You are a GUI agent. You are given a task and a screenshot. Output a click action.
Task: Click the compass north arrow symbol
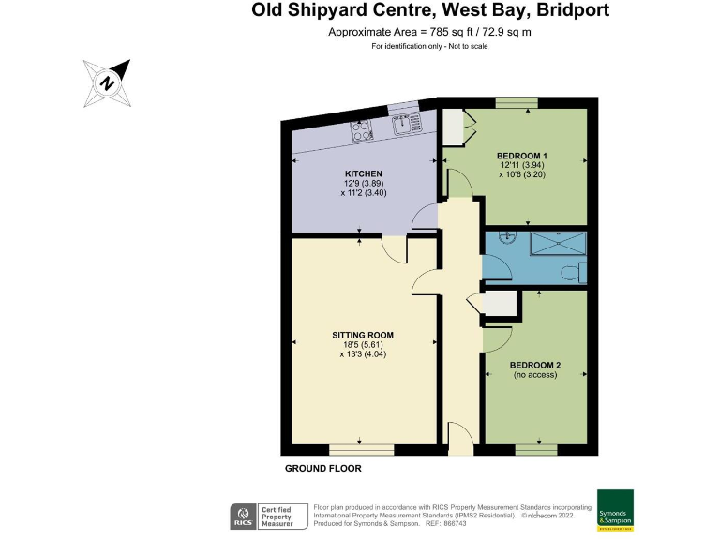(x=109, y=82)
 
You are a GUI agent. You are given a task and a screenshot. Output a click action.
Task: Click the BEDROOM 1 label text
(x=522, y=155)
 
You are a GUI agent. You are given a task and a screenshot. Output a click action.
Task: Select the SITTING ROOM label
(x=363, y=335)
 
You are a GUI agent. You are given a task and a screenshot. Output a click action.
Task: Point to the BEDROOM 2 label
(x=535, y=365)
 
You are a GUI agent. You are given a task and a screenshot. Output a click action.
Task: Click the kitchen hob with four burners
(x=363, y=132)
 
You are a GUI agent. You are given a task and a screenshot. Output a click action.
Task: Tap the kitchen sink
(x=408, y=123)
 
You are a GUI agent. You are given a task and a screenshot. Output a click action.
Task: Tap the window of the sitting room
(x=362, y=449)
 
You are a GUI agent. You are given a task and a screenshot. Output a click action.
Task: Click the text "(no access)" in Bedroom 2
(x=535, y=375)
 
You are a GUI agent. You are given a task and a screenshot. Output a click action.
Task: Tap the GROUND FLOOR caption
(x=322, y=468)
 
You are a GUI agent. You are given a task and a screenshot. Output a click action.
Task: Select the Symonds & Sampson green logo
(x=615, y=510)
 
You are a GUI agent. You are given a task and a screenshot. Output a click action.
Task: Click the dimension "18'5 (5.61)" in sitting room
(x=363, y=345)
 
